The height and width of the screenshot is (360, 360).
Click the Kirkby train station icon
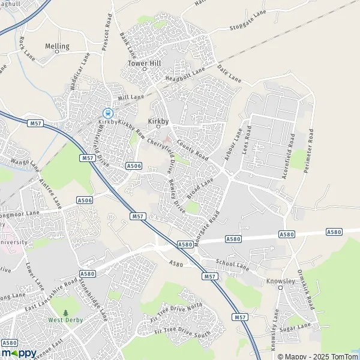[x=107, y=112]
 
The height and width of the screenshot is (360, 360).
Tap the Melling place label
[x=57, y=46]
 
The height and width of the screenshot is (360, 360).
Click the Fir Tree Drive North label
[x=178, y=313]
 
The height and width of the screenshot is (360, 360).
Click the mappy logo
[x=19, y=353]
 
